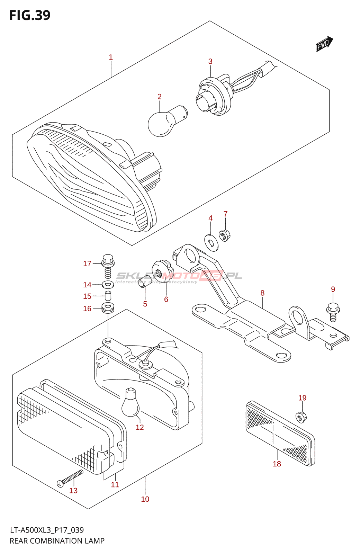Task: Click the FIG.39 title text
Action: (30, 15)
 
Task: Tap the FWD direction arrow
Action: (324, 44)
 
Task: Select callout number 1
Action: (111, 57)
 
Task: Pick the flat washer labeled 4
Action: (211, 242)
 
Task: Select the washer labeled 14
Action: (108, 285)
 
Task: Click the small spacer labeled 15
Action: (108, 296)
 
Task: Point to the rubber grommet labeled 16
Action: (108, 308)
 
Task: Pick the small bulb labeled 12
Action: (130, 402)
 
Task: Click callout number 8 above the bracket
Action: (262, 293)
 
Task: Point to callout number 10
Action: (145, 499)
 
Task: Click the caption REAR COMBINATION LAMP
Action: (57, 541)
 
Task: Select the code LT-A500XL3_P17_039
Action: (47, 530)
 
